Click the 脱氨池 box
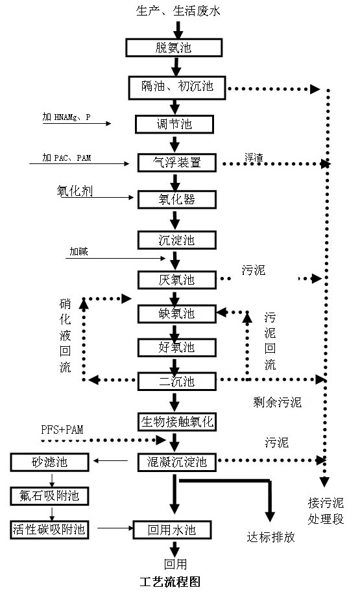[174, 48]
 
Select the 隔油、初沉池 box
[176, 88]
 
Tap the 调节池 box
[174, 124]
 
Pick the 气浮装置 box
[177, 162]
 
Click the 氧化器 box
[177, 200]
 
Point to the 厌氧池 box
[177, 280]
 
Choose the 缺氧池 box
[177, 314]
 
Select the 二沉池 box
[177, 381]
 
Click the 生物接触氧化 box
[177, 421]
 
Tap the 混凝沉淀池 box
[177, 462]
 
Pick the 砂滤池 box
[49, 462]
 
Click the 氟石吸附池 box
[49, 496]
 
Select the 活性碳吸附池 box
[49, 530]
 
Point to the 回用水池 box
[172, 530]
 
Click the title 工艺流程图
[170, 581]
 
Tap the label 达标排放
[270, 537]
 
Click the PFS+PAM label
[62, 430]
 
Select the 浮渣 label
[254, 158]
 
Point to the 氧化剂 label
[75, 191]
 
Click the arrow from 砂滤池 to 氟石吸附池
[52, 479]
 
